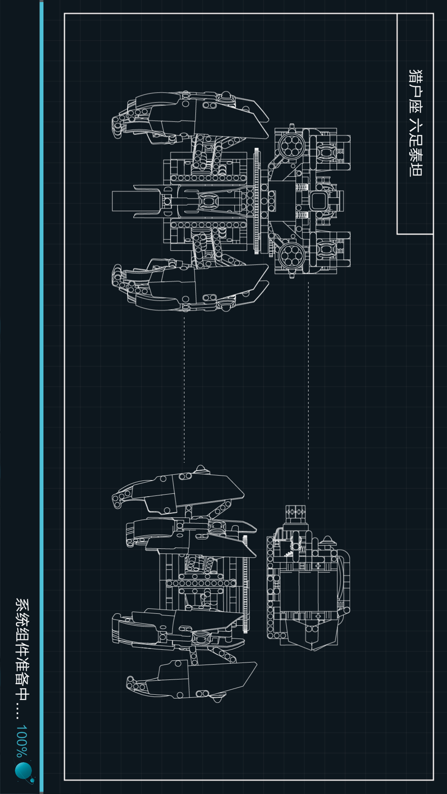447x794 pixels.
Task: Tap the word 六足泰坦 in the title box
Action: [x=415, y=149]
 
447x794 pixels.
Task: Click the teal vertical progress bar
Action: [x=41, y=397]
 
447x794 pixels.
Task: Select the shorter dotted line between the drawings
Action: [x=184, y=389]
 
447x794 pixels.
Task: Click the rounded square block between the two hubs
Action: [x=318, y=201]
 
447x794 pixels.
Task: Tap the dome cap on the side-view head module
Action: [x=327, y=541]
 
